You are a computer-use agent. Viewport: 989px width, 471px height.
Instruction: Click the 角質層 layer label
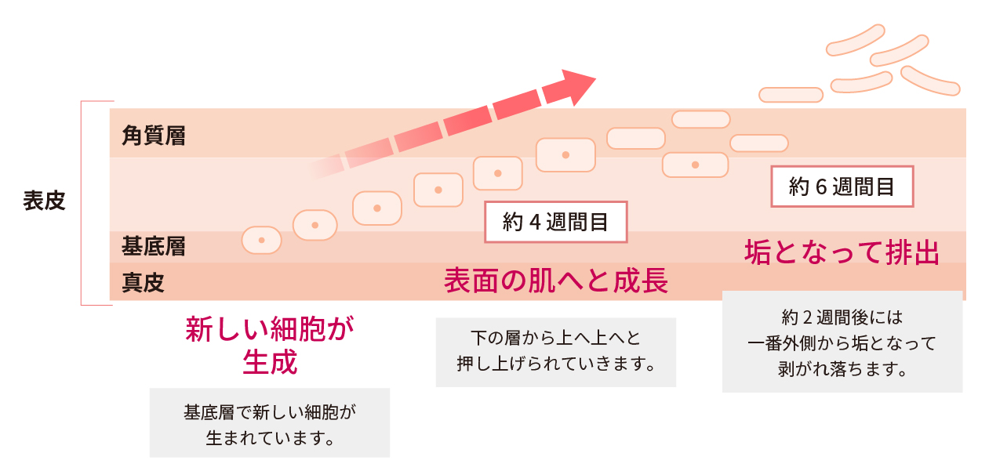click(x=153, y=136)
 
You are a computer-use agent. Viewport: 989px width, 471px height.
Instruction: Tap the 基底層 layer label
click(x=153, y=246)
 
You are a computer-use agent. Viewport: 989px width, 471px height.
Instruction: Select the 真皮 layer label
click(x=143, y=282)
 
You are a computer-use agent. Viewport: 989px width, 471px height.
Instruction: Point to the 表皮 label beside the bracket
click(x=44, y=201)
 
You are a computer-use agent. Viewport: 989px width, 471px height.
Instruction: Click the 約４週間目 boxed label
click(x=556, y=222)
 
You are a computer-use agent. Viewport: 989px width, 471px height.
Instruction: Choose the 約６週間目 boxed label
click(x=842, y=187)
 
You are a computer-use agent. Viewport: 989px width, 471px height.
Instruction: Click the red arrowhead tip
click(x=596, y=78)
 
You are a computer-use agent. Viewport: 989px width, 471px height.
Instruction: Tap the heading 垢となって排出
click(x=842, y=252)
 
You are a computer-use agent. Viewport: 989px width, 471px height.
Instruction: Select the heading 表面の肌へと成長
click(x=556, y=281)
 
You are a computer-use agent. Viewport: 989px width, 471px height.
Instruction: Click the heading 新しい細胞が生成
click(x=270, y=345)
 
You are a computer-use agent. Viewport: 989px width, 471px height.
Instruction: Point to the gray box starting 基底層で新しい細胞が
click(x=270, y=422)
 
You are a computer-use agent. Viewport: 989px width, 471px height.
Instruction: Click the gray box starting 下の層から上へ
click(x=556, y=353)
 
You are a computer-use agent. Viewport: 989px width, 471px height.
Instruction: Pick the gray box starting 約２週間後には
click(x=842, y=342)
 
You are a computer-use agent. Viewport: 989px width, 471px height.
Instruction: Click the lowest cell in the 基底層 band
click(x=261, y=241)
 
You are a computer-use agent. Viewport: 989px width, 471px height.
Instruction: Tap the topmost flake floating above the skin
click(x=855, y=40)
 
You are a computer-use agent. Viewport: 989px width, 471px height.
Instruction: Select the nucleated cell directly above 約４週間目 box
click(x=565, y=155)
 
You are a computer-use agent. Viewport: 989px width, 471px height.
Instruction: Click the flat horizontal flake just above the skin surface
click(x=791, y=95)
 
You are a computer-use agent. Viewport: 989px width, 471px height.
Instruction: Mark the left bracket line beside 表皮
click(x=82, y=203)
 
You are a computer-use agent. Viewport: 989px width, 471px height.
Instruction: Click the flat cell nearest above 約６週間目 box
click(x=759, y=143)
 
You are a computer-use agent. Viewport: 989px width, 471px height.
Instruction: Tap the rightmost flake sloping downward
click(x=930, y=82)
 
